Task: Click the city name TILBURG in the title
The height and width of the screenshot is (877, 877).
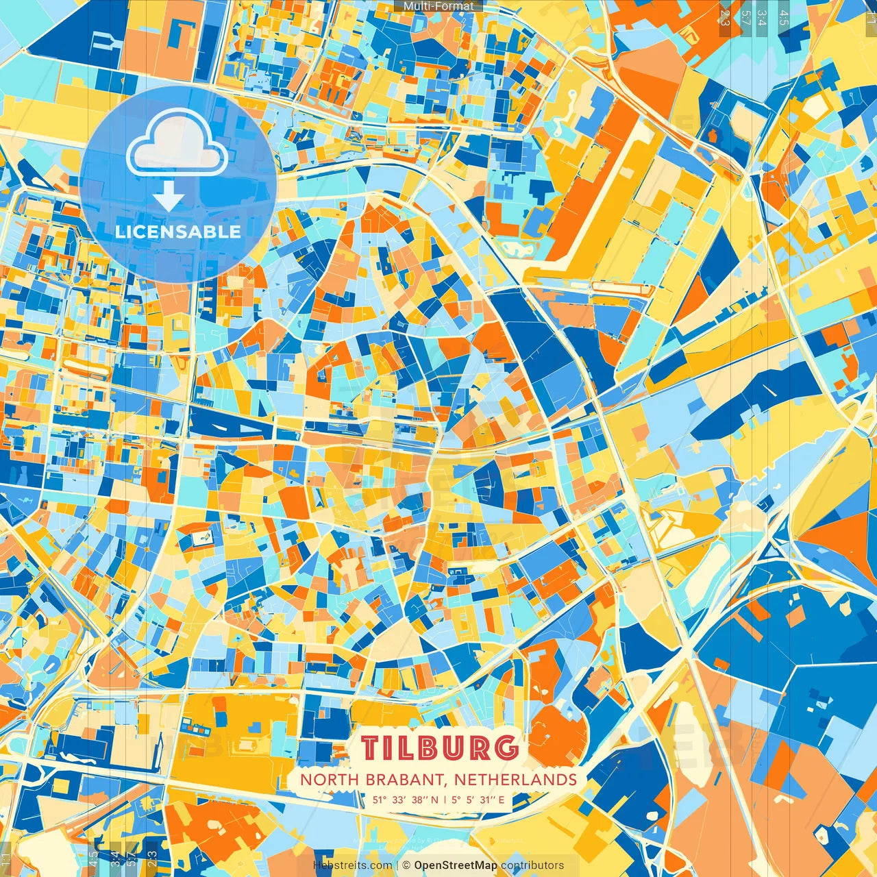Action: [439, 748]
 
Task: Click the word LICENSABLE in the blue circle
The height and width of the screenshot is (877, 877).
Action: [178, 232]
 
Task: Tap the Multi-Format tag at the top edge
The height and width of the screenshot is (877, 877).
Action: [438, 6]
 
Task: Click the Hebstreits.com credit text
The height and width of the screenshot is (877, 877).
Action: [352, 865]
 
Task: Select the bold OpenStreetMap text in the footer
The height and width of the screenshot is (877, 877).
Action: [456, 865]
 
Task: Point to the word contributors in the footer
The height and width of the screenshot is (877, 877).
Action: [532, 865]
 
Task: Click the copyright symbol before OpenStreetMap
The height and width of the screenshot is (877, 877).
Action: [406, 865]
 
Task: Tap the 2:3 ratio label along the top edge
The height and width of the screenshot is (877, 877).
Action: [724, 18]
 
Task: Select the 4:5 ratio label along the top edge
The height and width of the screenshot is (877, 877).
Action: [784, 18]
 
